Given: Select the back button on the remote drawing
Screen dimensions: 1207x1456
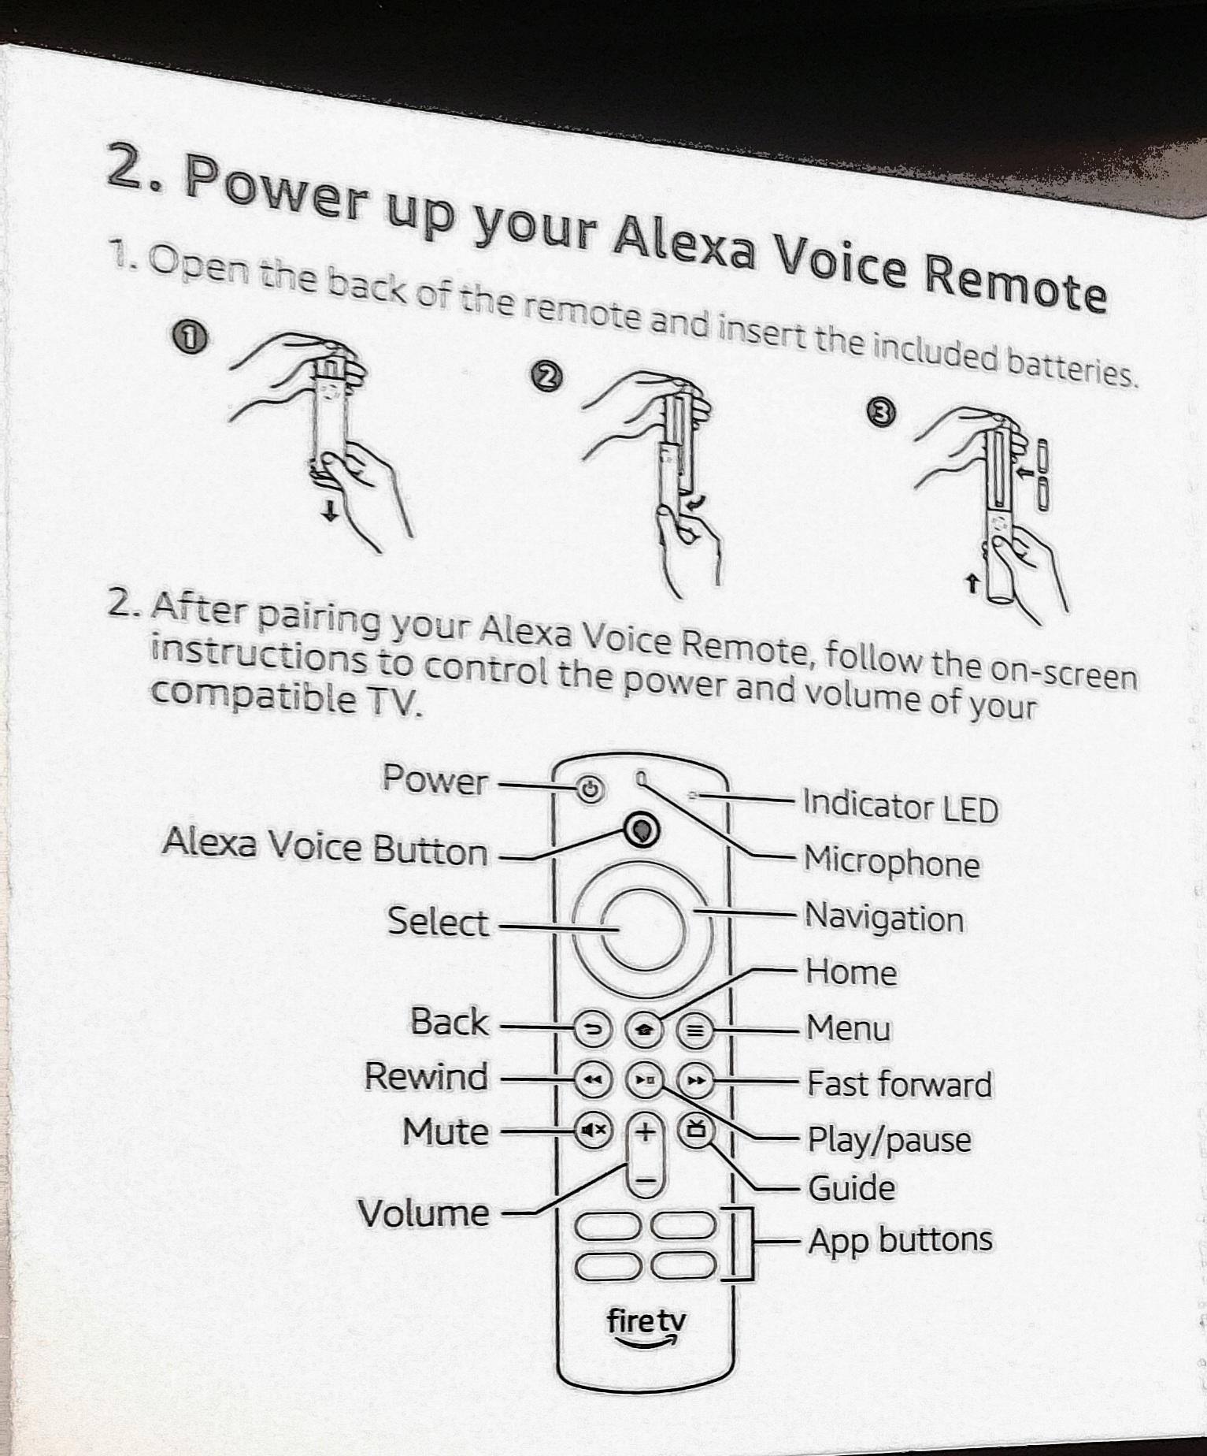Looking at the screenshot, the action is pyautogui.click(x=593, y=1029).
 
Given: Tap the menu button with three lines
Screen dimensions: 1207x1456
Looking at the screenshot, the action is pyautogui.click(x=694, y=1030).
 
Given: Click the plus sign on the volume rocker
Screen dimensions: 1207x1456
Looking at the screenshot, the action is pyautogui.click(x=645, y=1132).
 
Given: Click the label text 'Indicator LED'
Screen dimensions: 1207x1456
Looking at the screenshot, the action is pyautogui.click(x=900, y=807).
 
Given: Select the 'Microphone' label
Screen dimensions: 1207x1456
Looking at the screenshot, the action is pyautogui.click(x=891, y=862).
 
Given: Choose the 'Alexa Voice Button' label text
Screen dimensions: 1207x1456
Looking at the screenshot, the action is pyautogui.click(x=324, y=847).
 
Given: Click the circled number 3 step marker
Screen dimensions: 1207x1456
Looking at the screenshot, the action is pyautogui.click(x=881, y=412).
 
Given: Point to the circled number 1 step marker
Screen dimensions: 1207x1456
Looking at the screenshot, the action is pyautogui.click(x=187, y=338).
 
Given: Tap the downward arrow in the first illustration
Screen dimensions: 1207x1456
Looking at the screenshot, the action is pyautogui.click(x=331, y=513).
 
